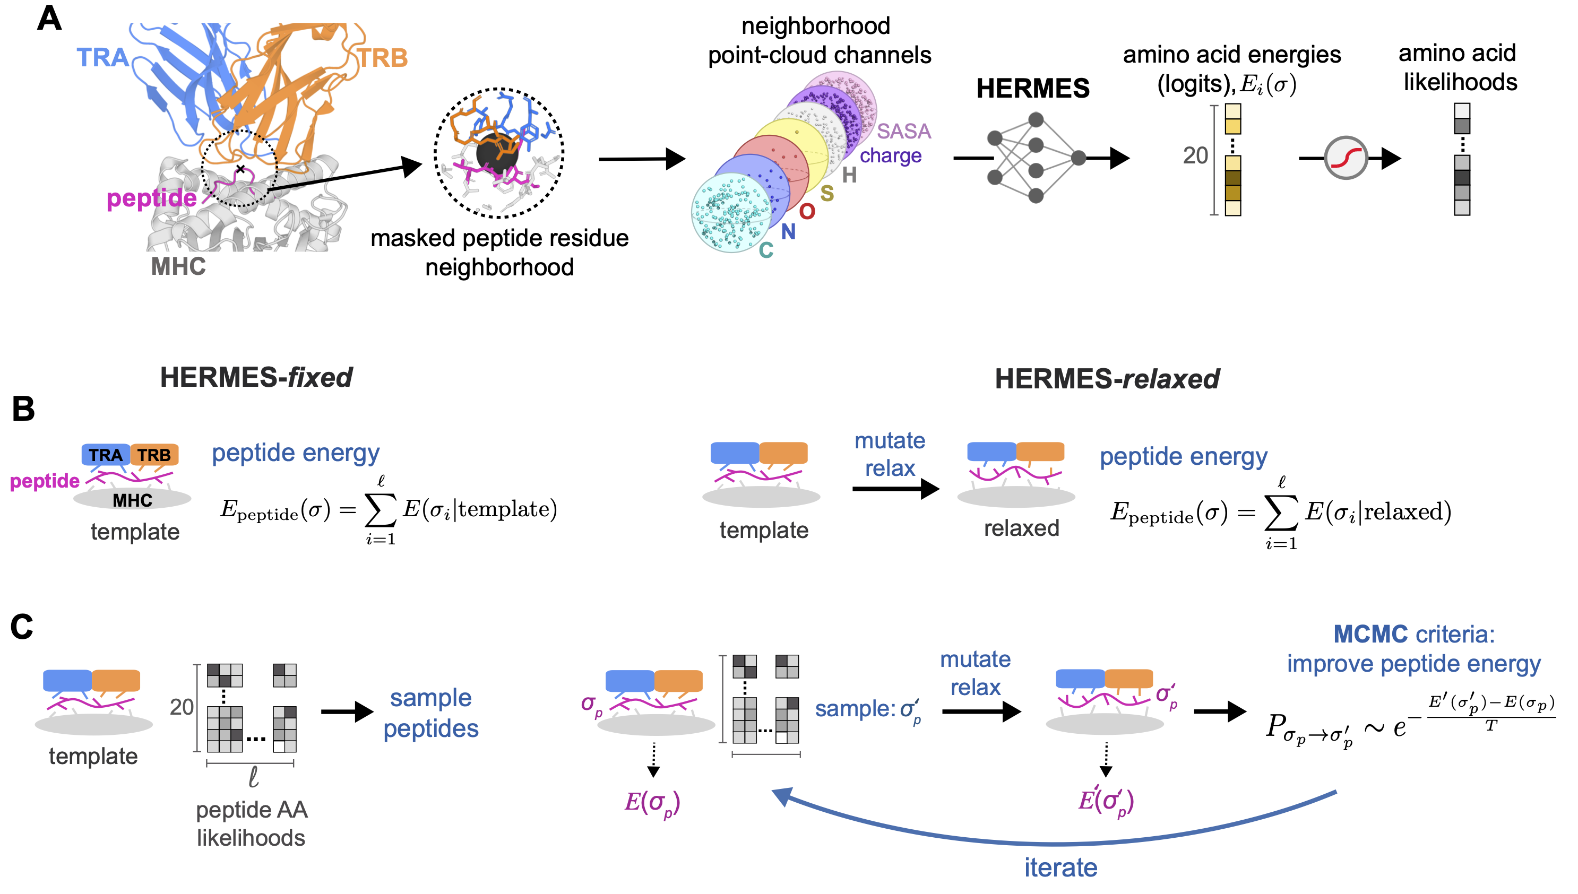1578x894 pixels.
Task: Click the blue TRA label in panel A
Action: (x=102, y=57)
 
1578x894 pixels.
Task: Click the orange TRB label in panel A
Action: (x=383, y=58)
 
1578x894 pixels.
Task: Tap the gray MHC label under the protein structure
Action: (x=178, y=266)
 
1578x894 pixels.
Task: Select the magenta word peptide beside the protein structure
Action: (x=151, y=198)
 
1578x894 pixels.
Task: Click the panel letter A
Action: (x=49, y=19)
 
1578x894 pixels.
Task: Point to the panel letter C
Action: (x=22, y=627)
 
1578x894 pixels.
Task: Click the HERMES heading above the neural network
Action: (x=1032, y=89)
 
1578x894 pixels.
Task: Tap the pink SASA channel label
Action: (x=903, y=131)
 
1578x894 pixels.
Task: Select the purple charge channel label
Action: (x=890, y=156)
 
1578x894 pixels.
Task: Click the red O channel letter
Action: (x=806, y=212)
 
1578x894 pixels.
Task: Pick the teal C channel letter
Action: (x=766, y=250)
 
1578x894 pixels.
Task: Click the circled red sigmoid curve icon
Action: (x=1345, y=158)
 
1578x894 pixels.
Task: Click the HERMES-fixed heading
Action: (x=256, y=377)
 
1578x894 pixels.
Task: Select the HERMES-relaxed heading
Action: (x=1107, y=379)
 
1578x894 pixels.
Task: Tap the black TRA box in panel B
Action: (x=106, y=455)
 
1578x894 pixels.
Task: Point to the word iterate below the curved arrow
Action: (x=1060, y=867)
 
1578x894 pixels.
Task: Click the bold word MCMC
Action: (x=1369, y=634)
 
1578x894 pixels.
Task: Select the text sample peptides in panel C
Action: (x=430, y=713)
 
